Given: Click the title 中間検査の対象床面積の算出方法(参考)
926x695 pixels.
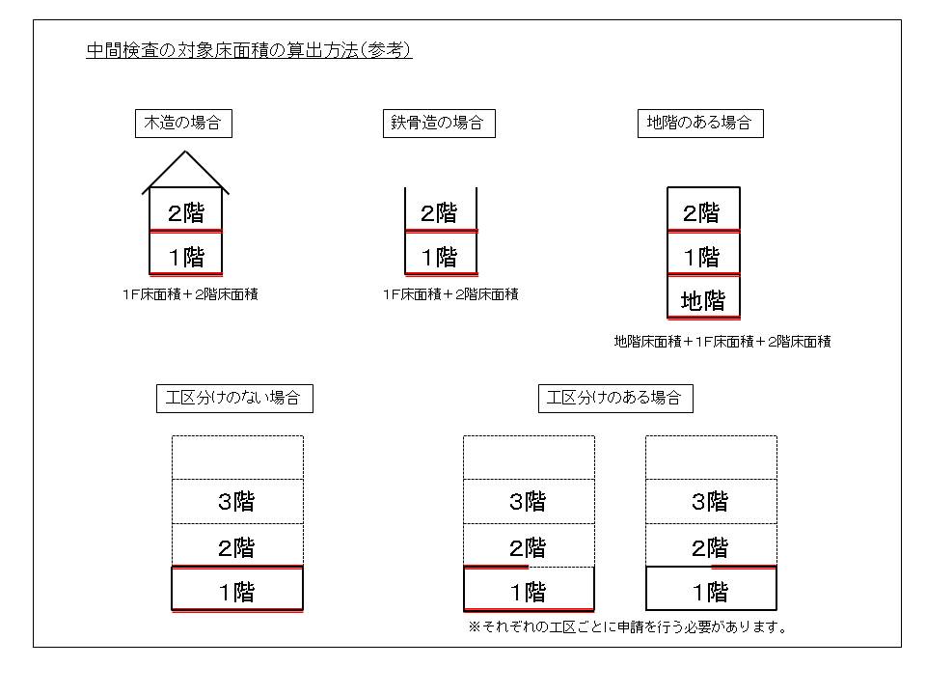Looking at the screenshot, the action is (x=249, y=50).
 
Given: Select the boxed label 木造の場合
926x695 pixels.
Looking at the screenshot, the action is (x=183, y=123).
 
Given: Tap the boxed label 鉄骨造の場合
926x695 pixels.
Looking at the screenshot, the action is (x=439, y=123).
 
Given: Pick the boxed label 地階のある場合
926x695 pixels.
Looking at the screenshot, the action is (x=700, y=123).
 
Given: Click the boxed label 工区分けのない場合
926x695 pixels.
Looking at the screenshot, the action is (x=234, y=399).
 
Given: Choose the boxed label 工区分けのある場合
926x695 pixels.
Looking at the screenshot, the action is (x=615, y=399).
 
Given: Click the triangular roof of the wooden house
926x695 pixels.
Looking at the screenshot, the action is (x=185, y=172).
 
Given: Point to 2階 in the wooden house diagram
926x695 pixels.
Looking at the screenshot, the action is (x=186, y=212).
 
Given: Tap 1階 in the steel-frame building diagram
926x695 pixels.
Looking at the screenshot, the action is (x=440, y=257).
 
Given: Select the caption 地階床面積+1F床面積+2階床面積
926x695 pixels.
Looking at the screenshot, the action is (x=722, y=342).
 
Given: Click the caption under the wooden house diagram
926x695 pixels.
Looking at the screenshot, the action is (x=190, y=294).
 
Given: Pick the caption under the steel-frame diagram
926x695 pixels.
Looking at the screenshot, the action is (x=450, y=294).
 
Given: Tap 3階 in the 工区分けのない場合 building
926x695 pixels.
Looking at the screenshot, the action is (x=236, y=502).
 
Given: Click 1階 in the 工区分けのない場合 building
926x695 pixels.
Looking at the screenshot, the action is (x=236, y=592).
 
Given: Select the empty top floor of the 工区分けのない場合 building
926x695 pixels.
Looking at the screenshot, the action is (x=237, y=458).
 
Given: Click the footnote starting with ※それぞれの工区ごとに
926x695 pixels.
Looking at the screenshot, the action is (x=628, y=627).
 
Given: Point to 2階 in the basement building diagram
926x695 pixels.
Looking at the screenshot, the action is (x=701, y=212).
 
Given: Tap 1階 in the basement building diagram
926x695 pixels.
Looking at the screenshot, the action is (x=701, y=257).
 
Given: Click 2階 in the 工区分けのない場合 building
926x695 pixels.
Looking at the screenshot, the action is (x=236, y=547).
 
